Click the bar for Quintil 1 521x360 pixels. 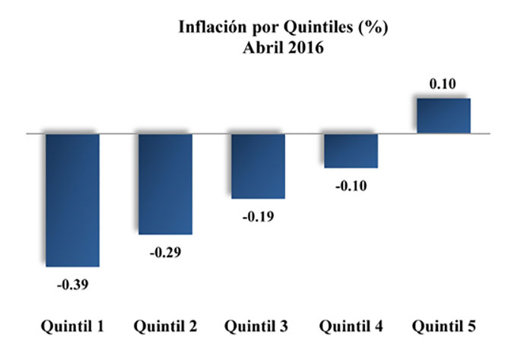72,199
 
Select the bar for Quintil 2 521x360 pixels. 165,183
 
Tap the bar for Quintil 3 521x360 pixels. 258,165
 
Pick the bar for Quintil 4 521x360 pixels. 351,150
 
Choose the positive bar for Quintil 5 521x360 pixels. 443,116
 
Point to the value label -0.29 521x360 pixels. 165,251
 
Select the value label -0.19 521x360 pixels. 258,217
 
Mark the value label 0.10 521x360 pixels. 443,84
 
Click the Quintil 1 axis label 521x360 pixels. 72,327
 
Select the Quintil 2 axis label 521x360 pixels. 165,327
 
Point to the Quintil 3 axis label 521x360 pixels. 256,327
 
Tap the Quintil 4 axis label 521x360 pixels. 351,327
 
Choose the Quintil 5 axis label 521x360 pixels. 443,327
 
